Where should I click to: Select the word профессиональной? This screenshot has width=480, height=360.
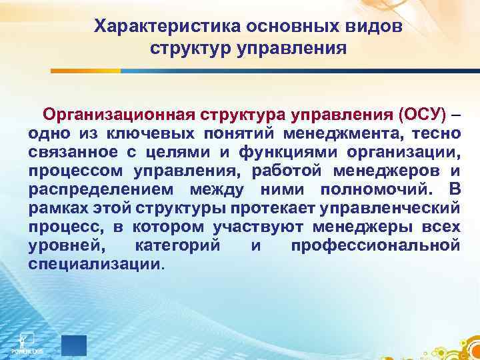pyautogui.click(x=376, y=245)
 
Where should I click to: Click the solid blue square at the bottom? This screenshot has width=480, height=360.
pyautogui.click(x=74, y=345)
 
